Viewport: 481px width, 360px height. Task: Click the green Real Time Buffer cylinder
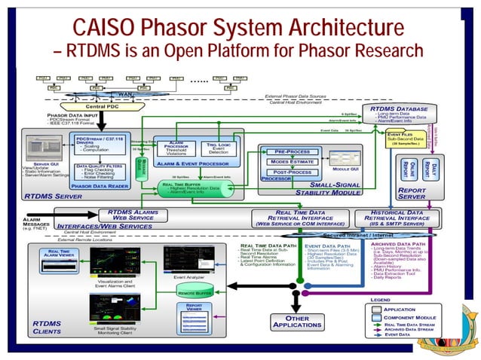tap(200, 188)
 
